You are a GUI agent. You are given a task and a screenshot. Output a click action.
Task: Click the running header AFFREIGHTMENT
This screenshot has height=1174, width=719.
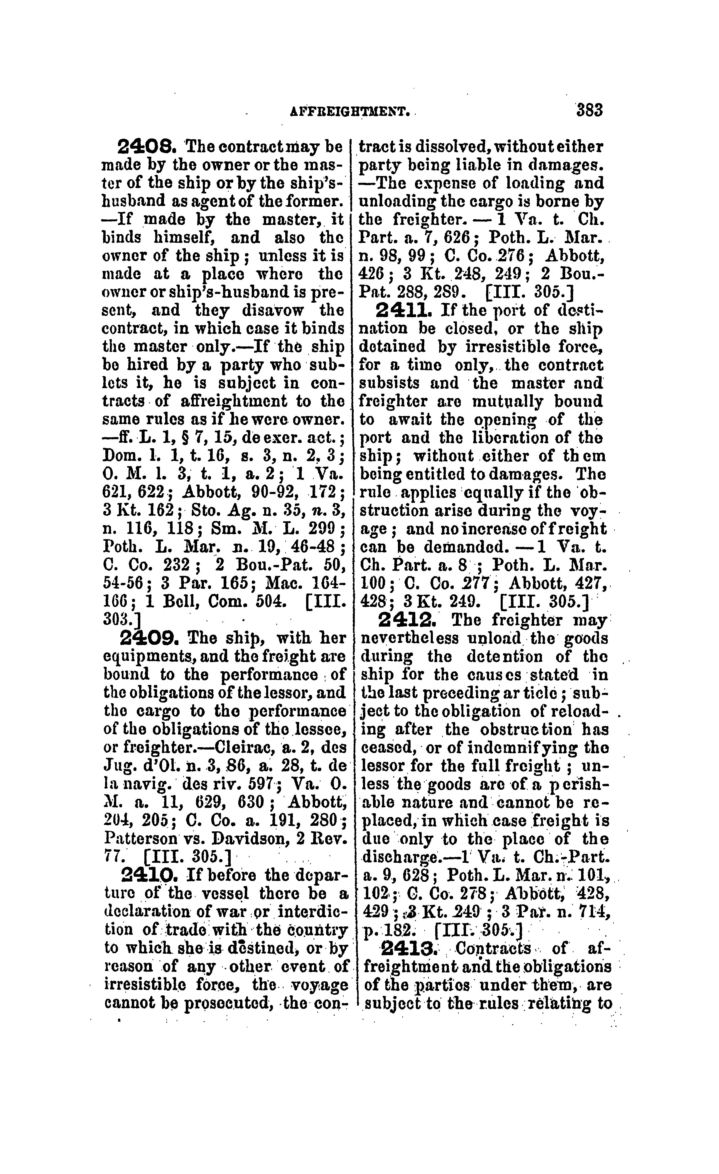350,112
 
